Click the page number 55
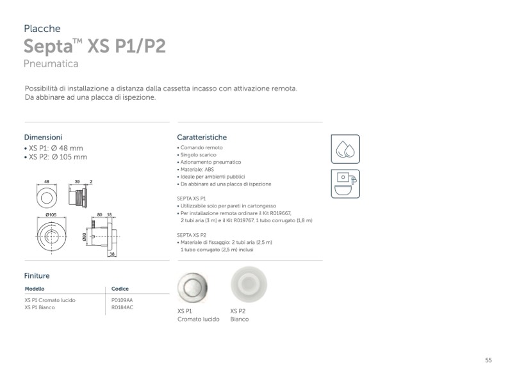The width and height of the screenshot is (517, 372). [488, 360]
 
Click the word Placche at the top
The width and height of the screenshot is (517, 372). [42, 29]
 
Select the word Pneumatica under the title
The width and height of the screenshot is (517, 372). [51, 64]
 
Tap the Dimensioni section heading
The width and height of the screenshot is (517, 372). [43, 137]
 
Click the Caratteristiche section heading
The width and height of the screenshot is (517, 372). [202, 137]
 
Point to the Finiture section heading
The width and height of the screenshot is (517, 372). [37, 276]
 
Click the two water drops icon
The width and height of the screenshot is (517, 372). [345, 149]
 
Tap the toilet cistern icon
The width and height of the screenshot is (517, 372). [345, 184]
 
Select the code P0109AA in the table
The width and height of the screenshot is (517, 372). [122, 300]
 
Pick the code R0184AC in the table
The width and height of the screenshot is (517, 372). [122, 307]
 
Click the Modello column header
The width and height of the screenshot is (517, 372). [35, 289]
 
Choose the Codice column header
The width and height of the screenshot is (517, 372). [120, 289]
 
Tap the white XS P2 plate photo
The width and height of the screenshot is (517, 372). [249, 283]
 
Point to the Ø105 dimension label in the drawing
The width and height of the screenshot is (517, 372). [52, 214]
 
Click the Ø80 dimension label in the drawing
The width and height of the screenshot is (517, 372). [85, 236]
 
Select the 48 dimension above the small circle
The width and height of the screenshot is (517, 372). [47, 182]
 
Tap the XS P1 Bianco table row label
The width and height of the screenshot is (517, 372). [40, 307]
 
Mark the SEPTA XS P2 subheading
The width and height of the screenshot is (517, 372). [191, 235]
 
